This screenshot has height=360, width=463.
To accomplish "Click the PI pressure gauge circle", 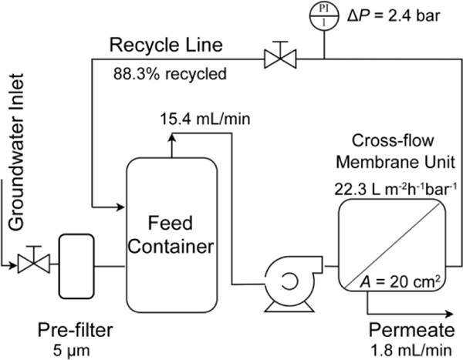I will [323, 15].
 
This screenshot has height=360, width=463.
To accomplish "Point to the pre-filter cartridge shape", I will [75, 267].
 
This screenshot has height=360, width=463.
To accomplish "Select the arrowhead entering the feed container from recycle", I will [120, 207].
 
